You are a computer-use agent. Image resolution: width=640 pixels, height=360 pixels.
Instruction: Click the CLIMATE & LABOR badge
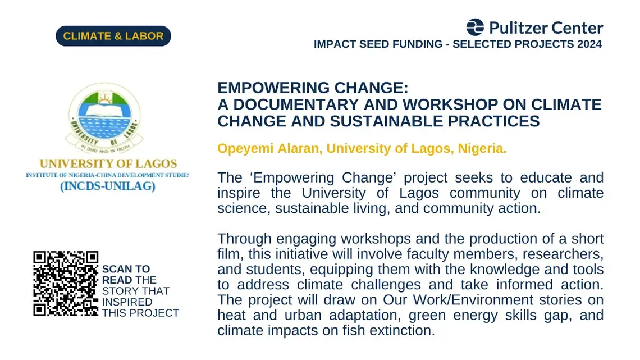click(x=113, y=36)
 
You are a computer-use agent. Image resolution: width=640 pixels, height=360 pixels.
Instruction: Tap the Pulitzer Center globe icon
click(x=475, y=28)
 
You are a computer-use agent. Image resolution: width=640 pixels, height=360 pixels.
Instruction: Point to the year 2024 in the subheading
click(x=589, y=44)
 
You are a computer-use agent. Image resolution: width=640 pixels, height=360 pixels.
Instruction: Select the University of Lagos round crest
click(x=104, y=118)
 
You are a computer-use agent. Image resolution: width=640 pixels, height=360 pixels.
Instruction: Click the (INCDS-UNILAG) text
click(x=108, y=186)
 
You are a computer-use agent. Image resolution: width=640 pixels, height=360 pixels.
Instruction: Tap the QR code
click(x=66, y=284)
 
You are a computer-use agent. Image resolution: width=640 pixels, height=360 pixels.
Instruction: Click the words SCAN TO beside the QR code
click(x=126, y=269)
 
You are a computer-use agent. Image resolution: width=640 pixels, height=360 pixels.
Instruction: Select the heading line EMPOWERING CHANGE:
click(x=313, y=88)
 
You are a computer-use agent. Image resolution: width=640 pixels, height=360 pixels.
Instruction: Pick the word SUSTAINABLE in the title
click(x=387, y=121)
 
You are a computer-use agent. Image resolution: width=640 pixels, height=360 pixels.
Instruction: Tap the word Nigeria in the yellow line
click(x=481, y=148)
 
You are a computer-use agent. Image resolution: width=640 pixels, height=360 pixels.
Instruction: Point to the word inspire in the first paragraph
click(x=239, y=193)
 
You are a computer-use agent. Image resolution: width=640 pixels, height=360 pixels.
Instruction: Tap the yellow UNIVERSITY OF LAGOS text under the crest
click(x=108, y=163)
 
